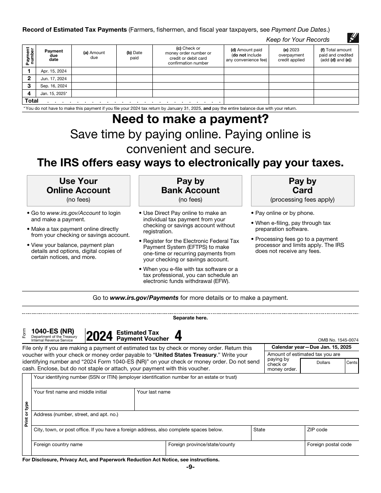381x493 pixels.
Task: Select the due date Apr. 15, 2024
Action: [x=54, y=71]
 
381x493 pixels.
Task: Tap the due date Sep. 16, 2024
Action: [x=54, y=86]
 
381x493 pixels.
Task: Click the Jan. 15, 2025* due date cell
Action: [x=54, y=93]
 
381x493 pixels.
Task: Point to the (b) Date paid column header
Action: [x=134, y=55]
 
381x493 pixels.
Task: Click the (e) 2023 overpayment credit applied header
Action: [x=291, y=55]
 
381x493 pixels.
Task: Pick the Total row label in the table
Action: [x=32, y=101]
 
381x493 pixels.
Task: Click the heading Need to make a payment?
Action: [x=190, y=119]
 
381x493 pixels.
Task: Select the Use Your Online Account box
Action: [x=79, y=190]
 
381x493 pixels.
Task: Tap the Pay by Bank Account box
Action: [x=190, y=190]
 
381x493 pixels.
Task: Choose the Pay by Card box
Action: [x=302, y=190]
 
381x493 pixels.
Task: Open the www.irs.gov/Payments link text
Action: [x=144, y=298]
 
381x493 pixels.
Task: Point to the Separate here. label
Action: [x=190, y=318]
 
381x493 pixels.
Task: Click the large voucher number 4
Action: [x=178, y=335]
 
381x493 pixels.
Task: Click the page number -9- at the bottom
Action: [x=190, y=467]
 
